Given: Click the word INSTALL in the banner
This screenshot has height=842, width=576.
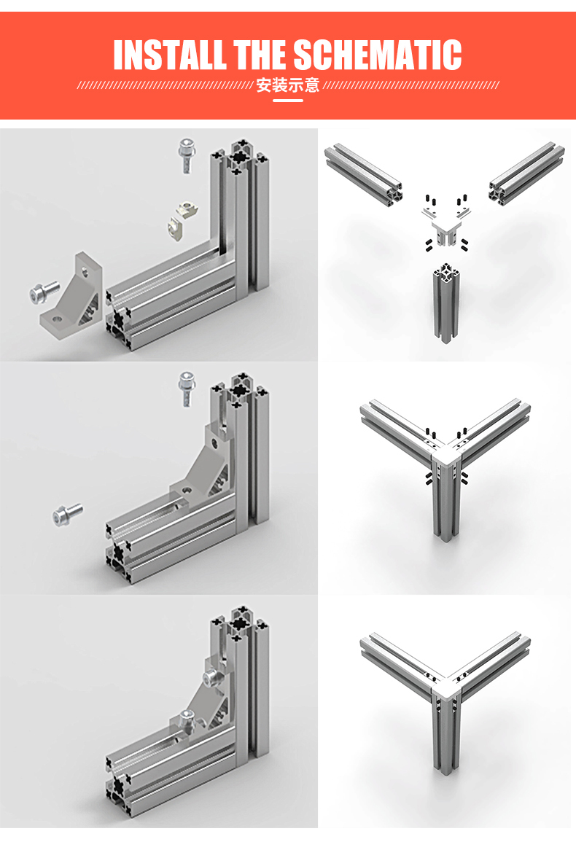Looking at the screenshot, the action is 169,54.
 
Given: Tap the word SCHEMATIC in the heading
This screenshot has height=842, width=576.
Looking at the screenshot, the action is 377,54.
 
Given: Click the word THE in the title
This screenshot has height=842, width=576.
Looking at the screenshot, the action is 260,54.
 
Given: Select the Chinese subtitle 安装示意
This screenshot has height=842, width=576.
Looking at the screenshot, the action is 287,85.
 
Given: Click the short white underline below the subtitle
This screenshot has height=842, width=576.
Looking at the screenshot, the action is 288,101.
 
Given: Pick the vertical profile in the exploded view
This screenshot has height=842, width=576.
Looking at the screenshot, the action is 445,303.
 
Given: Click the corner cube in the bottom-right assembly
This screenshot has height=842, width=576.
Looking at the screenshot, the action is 446,688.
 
